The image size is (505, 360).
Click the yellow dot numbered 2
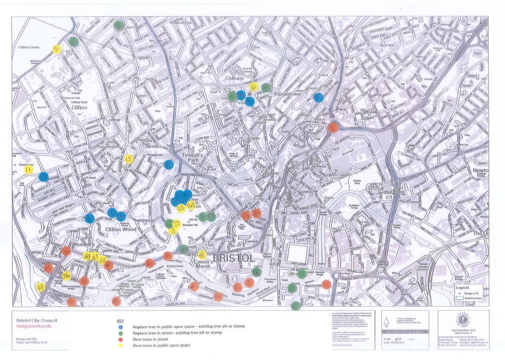(56, 49)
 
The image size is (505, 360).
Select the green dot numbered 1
(74, 42)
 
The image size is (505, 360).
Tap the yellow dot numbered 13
(129, 159)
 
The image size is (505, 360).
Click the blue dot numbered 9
(318, 97)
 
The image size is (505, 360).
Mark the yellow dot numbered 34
(40, 287)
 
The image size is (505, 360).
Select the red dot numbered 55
(326, 284)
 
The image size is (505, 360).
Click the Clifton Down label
(29, 47)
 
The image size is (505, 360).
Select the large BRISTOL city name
(234, 258)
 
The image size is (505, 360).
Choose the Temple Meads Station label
(423, 266)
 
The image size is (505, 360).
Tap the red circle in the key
(120, 339)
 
